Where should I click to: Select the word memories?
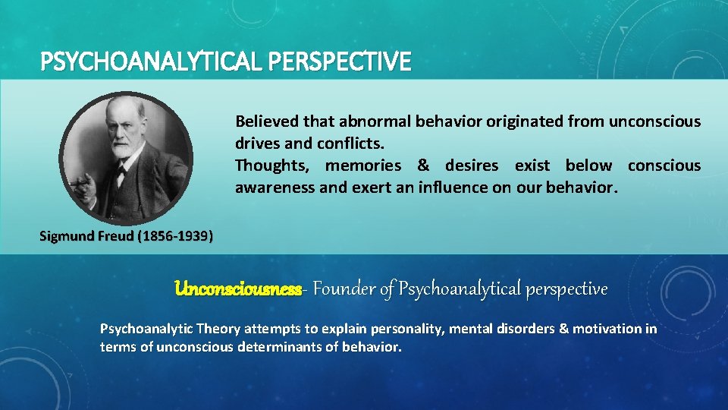point(363,166)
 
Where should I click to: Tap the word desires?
point(472,166)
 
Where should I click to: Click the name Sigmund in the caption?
point(68,236)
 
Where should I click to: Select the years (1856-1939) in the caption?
point(175,236)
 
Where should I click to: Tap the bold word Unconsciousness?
point(237,289)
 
